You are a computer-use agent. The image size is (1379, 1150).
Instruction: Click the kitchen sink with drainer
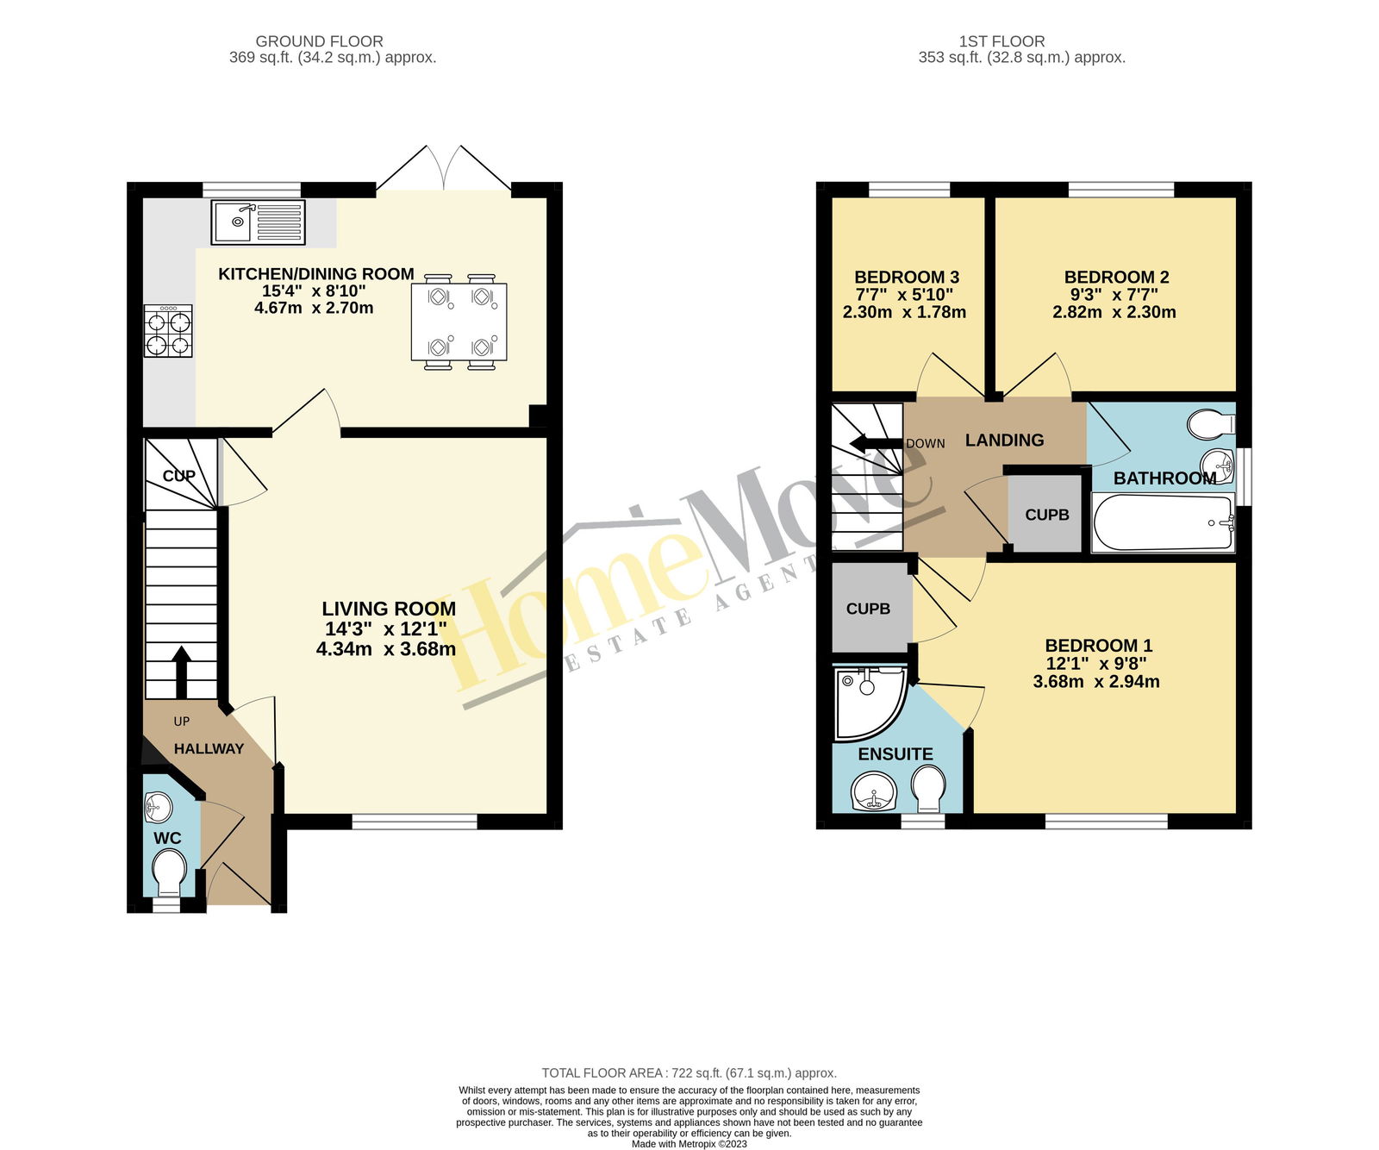[x=258, y=222]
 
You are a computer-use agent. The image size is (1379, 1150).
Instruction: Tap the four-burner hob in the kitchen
[x=168, y=331]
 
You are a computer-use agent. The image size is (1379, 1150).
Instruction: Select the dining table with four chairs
[x=459, y=322]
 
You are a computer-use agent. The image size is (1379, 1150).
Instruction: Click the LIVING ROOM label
[x=389, y=609]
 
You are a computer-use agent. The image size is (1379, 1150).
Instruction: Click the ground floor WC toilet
[x=169, y=872]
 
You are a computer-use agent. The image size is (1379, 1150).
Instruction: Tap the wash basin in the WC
[x=159, y=808]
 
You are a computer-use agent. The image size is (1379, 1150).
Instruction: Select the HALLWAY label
[x=209, y=749]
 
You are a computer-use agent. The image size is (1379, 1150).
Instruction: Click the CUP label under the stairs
[x=179, y=476]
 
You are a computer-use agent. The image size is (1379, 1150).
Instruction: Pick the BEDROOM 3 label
[x=907, y=277]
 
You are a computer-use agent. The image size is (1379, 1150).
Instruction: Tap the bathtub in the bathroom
[x=1163, y=522]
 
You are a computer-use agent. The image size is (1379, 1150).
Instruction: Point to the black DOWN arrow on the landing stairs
[x=874, y=445]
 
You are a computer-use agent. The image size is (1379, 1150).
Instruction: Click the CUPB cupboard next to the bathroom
[x=1045, y=514]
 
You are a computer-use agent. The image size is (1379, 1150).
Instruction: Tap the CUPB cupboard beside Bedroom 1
[x=869, y=608]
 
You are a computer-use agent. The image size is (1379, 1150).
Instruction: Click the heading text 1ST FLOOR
[x=1001, y=41]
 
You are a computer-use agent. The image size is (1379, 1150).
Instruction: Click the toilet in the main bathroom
[x=1211, y=423]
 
